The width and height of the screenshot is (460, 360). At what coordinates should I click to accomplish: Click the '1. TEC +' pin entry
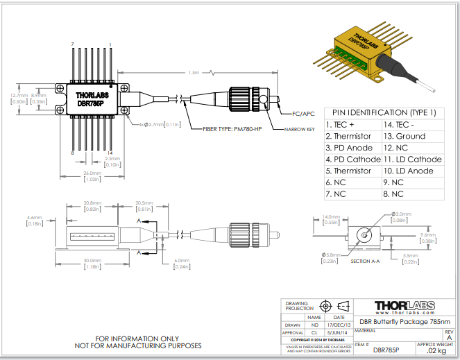[339, 125]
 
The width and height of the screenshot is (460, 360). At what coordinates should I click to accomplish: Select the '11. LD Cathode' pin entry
[412, 160]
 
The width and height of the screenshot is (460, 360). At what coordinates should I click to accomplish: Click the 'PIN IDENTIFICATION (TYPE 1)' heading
[384, 112]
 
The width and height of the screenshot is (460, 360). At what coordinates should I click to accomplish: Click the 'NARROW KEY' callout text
[299, 129]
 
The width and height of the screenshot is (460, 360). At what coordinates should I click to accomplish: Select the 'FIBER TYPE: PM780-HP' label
[232, 129]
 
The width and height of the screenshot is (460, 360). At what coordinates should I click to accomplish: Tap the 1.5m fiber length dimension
[194, 72]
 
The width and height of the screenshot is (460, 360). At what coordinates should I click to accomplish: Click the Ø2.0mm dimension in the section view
[403, 214]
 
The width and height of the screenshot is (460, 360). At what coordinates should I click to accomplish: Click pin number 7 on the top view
[73, 44]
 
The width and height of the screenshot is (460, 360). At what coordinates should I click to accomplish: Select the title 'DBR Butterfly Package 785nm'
[404, 323]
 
